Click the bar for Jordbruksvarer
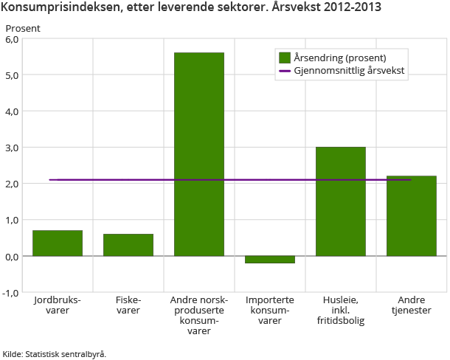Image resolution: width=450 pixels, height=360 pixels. click(58, 243)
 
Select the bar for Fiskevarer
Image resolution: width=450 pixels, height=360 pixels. click(128, 245)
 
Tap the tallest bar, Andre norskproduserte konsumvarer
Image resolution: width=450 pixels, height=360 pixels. click(199, 154)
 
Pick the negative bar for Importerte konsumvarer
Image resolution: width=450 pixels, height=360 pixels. click(270, 259)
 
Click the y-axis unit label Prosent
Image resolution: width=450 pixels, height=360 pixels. click(23, 28)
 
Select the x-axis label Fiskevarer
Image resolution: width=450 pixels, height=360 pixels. click(128, 305)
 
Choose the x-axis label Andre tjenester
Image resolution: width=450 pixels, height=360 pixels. click(412, 305)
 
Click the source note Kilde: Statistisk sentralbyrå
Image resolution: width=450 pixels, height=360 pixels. click(55, 353)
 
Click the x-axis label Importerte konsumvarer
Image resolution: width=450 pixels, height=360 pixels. click(270, 311)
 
